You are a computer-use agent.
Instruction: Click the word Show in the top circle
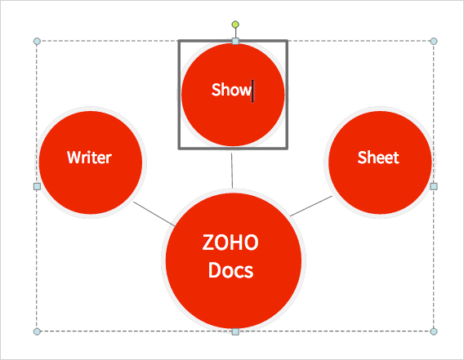point(231,90)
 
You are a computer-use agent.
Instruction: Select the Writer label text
point(89,158)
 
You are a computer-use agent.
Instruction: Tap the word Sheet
point(378,158)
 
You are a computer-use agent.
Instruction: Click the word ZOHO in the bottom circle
point(230,242)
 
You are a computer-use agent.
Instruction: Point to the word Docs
point(231,270)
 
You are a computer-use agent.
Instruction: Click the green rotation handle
point(235,24)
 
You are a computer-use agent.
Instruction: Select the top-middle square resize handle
point(235,41)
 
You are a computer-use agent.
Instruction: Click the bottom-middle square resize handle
point(235,331)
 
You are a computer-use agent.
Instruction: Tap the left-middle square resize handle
point(37,186)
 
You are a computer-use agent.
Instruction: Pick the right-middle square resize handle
point(434,186)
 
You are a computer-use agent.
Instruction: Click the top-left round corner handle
point(37,41)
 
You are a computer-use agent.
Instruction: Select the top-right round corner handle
point(434,41)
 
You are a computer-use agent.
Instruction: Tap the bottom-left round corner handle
point(37,331)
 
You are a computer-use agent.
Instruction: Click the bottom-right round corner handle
point(434,331)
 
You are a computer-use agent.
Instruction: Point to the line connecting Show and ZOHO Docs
point(232,171)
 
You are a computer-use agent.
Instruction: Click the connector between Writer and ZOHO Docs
point(154,214)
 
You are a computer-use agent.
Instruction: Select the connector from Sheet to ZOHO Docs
point(311,206)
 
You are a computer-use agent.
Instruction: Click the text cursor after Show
point(252,91)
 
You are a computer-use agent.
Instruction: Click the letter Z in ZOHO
point(207,242)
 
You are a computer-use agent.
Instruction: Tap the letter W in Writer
point(74,158)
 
